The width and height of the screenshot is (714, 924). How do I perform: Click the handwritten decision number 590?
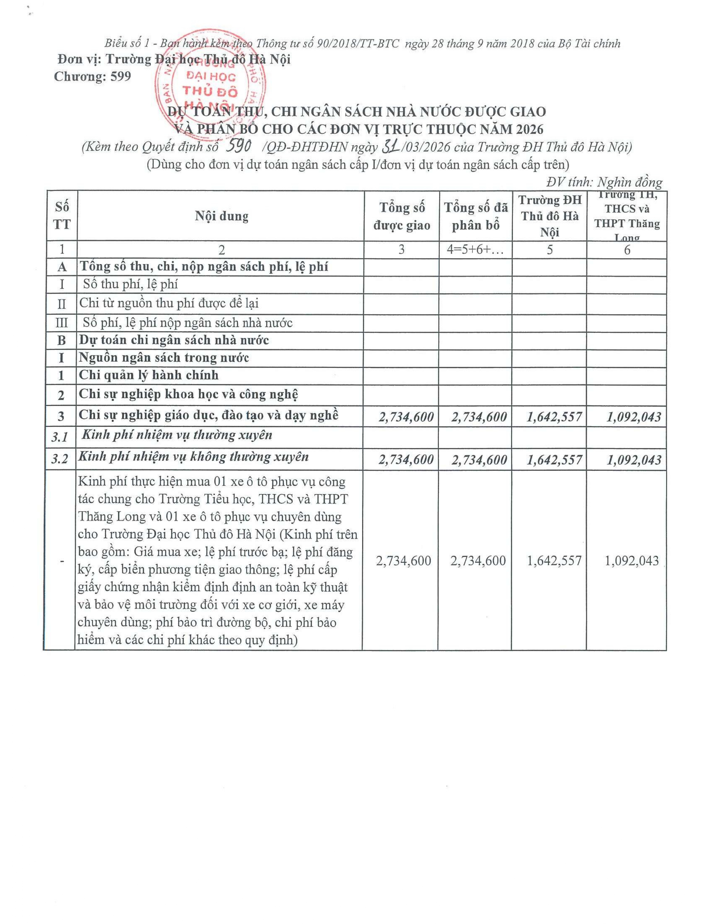(240, 146)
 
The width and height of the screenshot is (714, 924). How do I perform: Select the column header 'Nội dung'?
(221, 216)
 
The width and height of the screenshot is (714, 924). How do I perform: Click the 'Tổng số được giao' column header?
(402, 216)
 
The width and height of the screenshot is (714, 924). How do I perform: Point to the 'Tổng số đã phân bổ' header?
(475, 216)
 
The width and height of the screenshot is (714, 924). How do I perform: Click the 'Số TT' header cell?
(62, 216)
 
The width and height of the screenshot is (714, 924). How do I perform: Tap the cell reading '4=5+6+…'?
(475, 250)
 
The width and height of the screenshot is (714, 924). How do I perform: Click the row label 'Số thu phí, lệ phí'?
(130, 284)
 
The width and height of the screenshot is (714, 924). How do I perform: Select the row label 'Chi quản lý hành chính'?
(148, 375)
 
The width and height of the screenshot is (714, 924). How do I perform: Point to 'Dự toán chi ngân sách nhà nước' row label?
(174, 340)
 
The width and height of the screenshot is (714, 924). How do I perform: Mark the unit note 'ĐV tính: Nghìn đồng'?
(604, 182)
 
